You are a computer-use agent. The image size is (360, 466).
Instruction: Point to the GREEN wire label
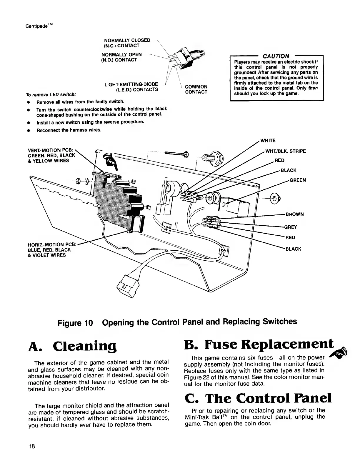pyautogui.click(x=298, y=180)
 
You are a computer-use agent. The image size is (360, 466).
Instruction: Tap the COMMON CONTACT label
pyautogui.click(x=196, y=89)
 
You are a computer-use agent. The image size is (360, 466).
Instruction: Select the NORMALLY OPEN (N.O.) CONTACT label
pyautogui.click(x=121, y=57)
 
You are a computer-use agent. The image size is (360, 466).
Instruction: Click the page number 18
pyautogui.click(x=32, y=447)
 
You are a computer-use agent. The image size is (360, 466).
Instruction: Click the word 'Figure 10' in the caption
pyautogui.click(x=75, y=322)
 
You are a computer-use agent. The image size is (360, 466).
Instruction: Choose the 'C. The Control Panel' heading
pyautogui.click(x=258, y=398)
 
